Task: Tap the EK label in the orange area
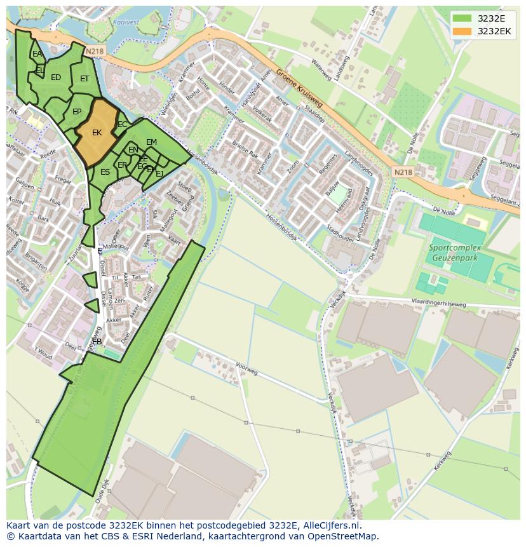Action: point(97,133)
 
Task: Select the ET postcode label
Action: point(84,79)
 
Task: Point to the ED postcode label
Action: point(56,78)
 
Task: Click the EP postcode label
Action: point(77,112)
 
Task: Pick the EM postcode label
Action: point(151,142)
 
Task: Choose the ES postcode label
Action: point(105,172)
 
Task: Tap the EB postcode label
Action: point(97,342)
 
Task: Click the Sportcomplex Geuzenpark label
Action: point(454,253)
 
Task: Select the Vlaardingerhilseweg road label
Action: point(438,304)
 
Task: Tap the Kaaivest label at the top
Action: point(126,22)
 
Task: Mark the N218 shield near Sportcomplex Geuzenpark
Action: point(403,172)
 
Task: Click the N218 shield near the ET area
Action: point(93,51)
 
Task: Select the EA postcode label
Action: point(37,54)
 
